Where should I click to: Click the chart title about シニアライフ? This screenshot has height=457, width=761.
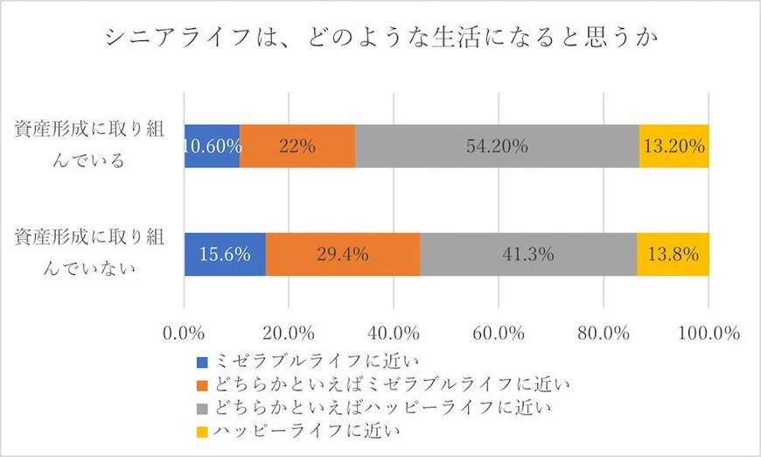(x=380, y=38)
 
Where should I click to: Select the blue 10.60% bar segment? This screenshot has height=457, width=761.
(x=212, y=146)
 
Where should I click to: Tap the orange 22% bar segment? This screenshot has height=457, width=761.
(x=297, y=146)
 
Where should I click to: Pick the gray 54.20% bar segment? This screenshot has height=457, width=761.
(x=497, y=146)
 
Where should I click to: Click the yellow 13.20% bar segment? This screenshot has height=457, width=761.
(x=674, y=146)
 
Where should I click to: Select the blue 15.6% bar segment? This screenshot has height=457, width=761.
(x=225, y=255)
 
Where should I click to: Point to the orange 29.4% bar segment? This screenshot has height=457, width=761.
(x=343, y=255)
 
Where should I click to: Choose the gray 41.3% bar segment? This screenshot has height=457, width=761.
(x=528, y=255)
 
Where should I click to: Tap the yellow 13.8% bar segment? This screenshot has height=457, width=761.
(x=673, y=255)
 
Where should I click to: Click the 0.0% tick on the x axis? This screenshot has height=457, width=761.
(x=185, y=334)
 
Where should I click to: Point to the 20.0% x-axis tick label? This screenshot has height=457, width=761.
(x=289, y=334)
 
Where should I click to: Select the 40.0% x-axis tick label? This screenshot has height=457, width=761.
(x=394, y=334)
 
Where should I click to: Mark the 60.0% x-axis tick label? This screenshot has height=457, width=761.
(x=499, y=334)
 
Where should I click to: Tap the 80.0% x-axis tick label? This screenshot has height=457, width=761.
(x=604, y=334)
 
